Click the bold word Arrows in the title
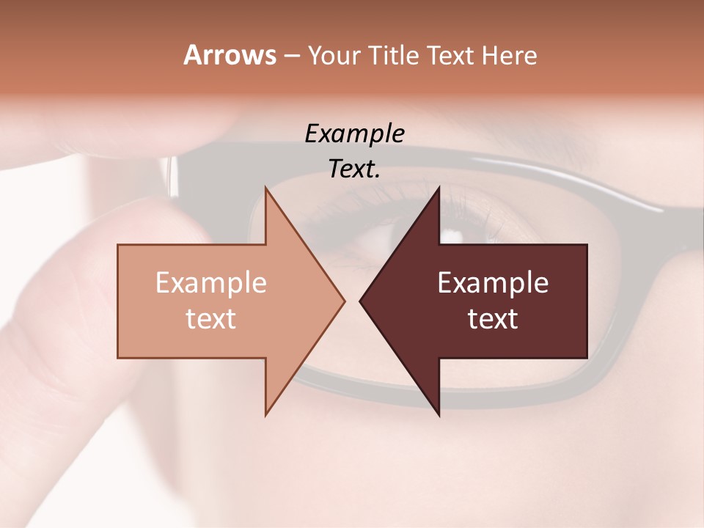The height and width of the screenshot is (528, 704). [x=230, y=55]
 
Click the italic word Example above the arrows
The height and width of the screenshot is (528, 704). [x=354, y=134]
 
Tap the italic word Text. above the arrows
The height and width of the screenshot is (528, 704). [x=354, y=169]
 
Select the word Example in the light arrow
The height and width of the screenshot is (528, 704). [x=210, y=283]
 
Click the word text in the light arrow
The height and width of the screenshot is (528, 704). [x=210, y=318]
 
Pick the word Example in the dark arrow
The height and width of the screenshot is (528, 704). [x=493, y=283]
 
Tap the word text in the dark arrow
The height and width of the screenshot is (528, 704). [x=493, y=318]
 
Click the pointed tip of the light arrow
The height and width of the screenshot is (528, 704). [x=345, y=301]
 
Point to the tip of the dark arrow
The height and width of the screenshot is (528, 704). [x=360, y=301]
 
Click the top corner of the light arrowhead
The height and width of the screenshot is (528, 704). [x=265, y=188]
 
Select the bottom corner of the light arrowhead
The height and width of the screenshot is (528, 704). [x=265, y=415]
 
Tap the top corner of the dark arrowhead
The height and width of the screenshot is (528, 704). [x=439, y=188]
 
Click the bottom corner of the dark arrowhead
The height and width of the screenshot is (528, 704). [x=439, y=415]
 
